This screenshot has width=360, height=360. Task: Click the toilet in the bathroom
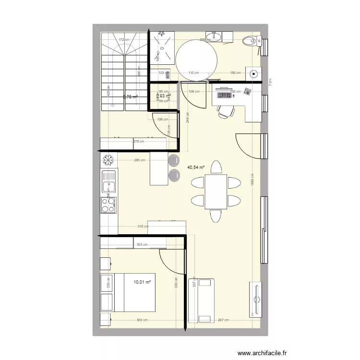tap(251, 42)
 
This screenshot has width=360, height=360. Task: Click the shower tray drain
tap(160, 35)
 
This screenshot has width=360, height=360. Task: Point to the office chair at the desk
tap(226, 110)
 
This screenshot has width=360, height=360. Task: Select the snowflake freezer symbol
tap(108, 159)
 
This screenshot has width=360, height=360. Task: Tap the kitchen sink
tap(109, 182)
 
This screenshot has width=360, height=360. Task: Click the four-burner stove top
tap(109, 205)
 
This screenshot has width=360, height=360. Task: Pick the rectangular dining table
tap(216, 192)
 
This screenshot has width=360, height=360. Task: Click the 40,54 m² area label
tap(196, 168)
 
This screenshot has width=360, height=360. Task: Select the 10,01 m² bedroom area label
tap(143, 283)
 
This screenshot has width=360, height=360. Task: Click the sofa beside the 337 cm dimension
tap(201, 300)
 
